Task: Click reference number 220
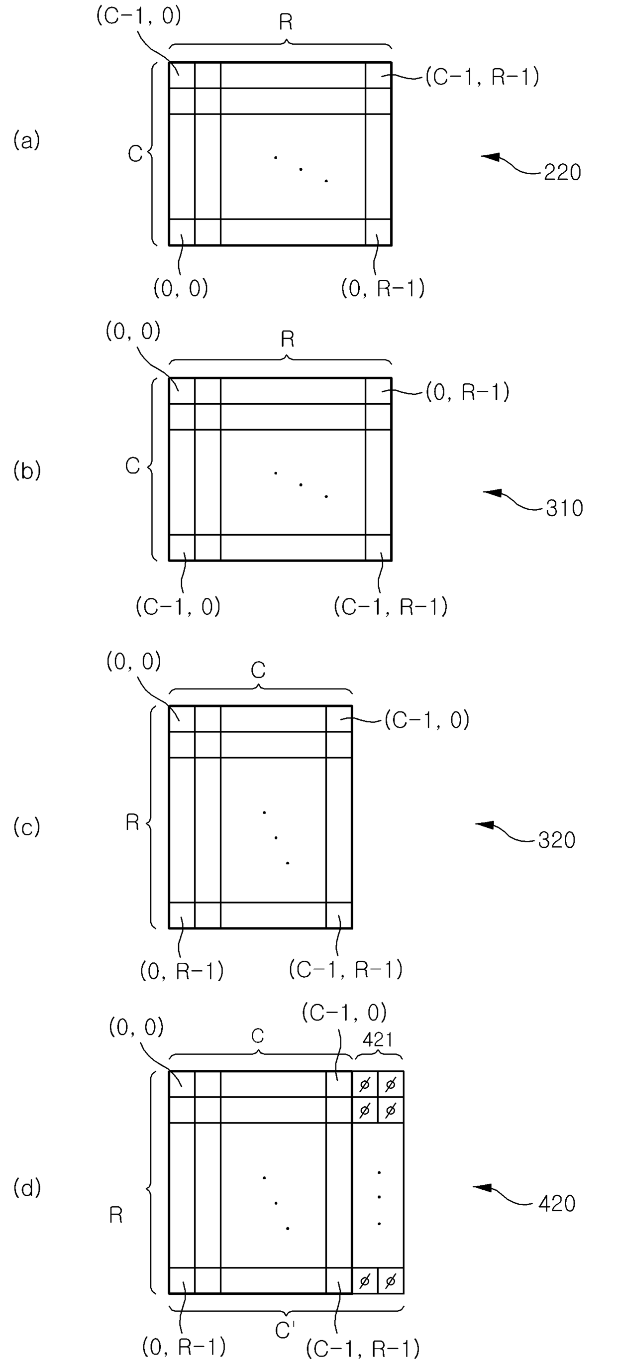pos(562,173)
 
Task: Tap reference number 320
pos(556,840)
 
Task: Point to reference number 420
pos(556,1204)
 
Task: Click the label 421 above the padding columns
pos(377,1040)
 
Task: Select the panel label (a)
pos(26,141)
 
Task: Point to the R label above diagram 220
pos(286,22)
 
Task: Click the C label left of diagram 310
pos(132,466)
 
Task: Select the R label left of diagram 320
pos(132,823)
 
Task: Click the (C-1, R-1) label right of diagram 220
pos(482,78)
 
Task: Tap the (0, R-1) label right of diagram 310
pos(467,393)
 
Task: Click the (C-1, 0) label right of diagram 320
pos(427,721)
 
